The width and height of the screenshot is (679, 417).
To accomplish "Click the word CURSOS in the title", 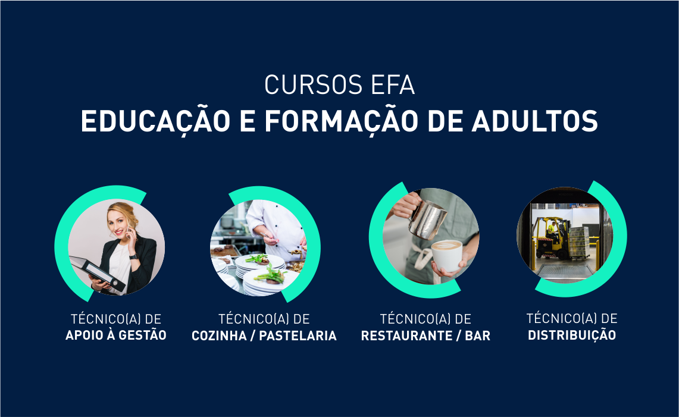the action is pos(314,84).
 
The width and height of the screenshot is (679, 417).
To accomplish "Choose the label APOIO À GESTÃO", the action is pos(116,335).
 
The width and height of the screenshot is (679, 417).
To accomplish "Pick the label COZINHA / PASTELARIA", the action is pos(264,336).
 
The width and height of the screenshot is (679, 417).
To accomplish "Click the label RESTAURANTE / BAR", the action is pos(425,336).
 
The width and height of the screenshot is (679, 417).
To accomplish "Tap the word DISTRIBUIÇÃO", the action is pos(572,335).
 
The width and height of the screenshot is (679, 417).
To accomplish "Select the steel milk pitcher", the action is pos(427,220).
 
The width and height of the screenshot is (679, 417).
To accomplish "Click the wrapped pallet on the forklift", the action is pos(580,243).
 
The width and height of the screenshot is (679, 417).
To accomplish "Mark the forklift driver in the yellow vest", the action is pos(552,230).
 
